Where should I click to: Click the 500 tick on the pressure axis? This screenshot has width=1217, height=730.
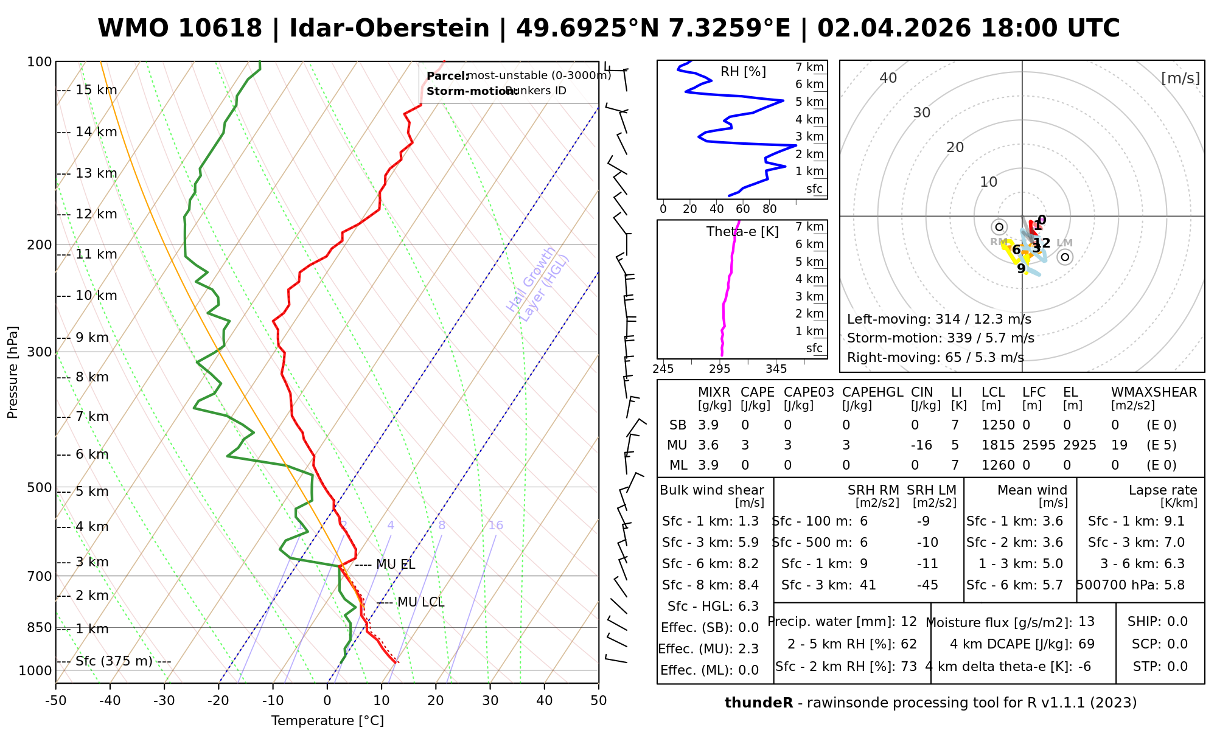tap(40, 487)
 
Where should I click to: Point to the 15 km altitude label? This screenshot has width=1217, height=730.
tap(96, 90)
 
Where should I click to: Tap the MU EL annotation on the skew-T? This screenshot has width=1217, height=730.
tap(396, 565)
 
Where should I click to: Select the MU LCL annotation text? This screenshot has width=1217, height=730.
tap(420, 602)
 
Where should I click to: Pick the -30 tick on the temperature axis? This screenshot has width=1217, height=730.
tap(164, 701)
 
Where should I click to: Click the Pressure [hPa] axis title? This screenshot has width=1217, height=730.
tap(13, 372)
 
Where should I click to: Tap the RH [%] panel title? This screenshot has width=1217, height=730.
tap(743, 72)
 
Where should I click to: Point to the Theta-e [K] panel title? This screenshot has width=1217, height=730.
tap(742, 232)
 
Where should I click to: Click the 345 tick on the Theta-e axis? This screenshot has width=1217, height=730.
tap(776, 369)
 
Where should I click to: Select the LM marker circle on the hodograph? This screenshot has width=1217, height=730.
tap(1065, 257)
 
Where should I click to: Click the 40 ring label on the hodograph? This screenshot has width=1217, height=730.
tap(888, 78)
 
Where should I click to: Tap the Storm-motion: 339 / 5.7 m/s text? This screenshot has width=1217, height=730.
tap(941, 338)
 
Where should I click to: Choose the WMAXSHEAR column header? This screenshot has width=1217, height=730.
tap(1154, 392)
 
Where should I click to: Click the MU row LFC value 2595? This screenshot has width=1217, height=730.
tap(1039, 445)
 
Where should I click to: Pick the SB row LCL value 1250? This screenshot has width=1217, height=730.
tap(998, 425)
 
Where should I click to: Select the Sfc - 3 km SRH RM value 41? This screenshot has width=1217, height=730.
tap(868, 585)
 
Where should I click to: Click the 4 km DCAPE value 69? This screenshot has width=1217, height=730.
tap(1086, 644)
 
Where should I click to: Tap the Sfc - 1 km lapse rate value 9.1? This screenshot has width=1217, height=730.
tap(1174, 521)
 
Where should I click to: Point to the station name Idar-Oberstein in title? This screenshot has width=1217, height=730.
tap(389, 29)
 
